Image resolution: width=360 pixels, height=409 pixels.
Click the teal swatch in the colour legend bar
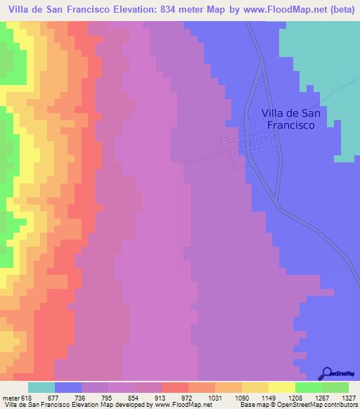click(x=41, y=388)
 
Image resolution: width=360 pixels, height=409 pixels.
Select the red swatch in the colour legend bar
click(x=175, y=388)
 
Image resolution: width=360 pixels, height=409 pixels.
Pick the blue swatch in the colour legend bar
click(x=68, y=388)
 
